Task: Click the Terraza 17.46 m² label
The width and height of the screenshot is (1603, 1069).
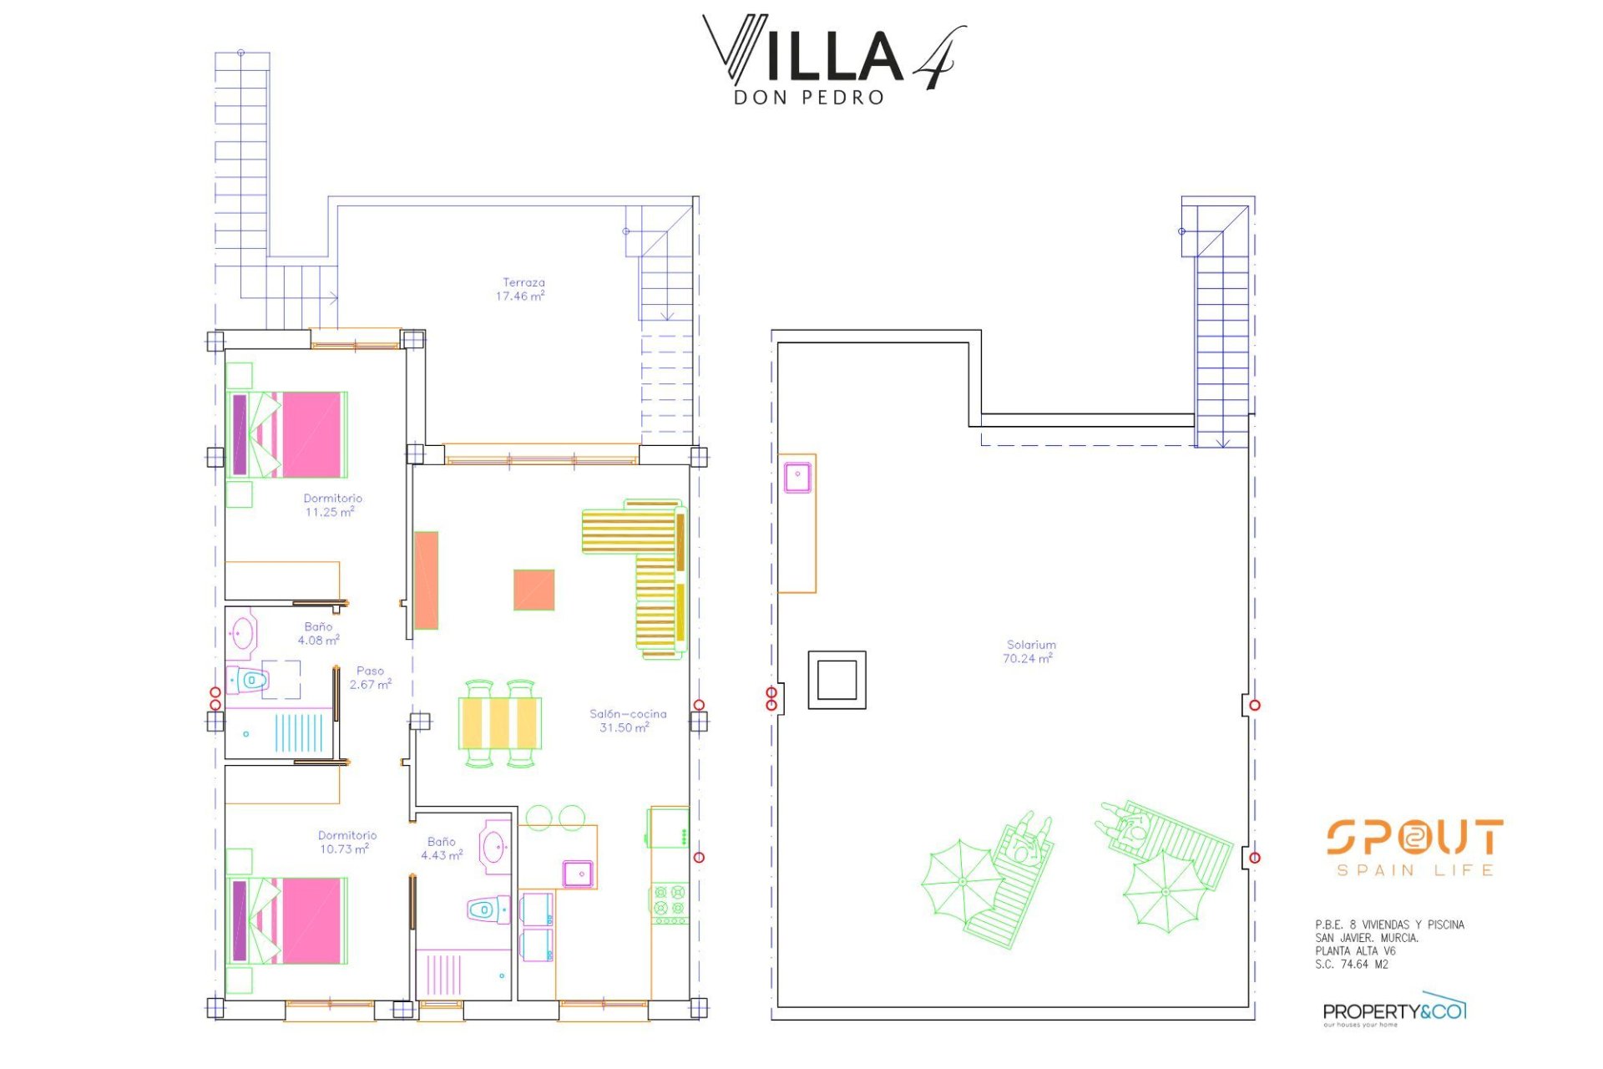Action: coord(522,289)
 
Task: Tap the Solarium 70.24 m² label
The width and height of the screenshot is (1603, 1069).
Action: coord(1029,651)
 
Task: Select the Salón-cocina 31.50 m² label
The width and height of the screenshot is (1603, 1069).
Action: coord(627,720)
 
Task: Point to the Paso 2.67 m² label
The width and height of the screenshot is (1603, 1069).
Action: coord(370,677)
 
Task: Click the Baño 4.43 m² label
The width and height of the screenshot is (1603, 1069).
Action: coord(442,849)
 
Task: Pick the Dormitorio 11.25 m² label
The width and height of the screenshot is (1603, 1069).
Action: coord(331,504)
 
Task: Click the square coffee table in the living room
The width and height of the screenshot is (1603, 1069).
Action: coord(533,590)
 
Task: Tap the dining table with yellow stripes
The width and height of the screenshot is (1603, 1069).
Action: coord(499,722)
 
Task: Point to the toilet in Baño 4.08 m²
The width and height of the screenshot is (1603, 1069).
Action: coord(250,681)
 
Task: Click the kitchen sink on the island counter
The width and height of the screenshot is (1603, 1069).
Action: coord(578,874)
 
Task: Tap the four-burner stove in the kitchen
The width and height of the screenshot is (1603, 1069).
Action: coord(669,903)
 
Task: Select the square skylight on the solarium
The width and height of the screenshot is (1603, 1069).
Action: coord(837,680)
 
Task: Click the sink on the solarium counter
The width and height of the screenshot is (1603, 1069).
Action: coord(797,478)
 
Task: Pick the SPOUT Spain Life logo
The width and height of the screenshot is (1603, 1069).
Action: coord(1414,847)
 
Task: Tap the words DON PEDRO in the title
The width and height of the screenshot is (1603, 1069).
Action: coord(808,98)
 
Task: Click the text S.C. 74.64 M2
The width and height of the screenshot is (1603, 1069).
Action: coord(1352,965)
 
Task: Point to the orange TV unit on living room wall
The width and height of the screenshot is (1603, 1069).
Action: coord(426,580)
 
